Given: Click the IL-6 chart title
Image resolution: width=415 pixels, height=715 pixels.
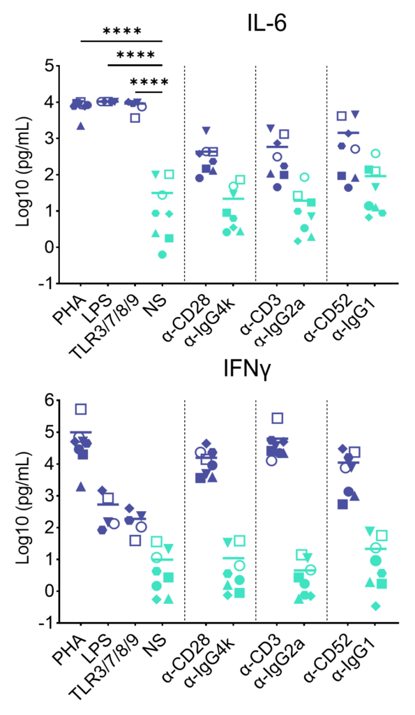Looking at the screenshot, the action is tap(267, 23).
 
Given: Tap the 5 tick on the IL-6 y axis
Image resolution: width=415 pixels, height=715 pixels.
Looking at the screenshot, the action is tap(50, 66).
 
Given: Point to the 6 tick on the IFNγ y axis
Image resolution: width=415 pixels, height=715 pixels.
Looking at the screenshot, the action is tap(50, 400).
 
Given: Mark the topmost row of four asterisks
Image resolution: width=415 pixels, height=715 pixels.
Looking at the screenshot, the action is tap(122, 31).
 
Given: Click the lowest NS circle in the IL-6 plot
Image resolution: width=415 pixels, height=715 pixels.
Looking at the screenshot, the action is tap(162, 254).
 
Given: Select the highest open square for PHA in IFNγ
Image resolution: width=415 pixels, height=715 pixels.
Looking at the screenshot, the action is tap(81, 409).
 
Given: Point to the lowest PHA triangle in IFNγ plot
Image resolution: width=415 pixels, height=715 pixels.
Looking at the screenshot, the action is tap(81, 487).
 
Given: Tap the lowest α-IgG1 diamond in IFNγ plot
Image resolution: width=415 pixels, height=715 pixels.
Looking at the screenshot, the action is tap(376, 606).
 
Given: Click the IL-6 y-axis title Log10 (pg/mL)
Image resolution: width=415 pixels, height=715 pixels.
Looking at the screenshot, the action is tap(23, 173).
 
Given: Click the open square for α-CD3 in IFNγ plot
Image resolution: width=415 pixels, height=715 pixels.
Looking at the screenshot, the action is tap(277, 418).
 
